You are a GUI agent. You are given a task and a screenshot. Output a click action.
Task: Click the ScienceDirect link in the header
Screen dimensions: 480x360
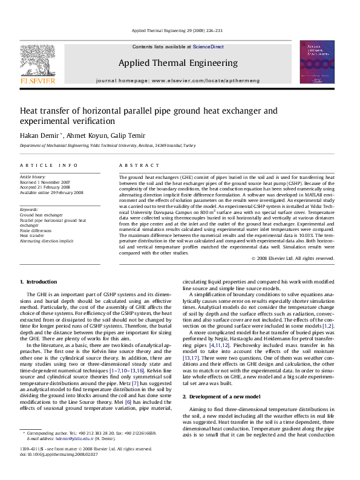(208, 47)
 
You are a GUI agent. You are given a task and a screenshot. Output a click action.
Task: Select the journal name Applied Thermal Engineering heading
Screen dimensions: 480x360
(178, 62)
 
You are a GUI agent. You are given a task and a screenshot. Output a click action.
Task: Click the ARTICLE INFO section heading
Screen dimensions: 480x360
(48, 165)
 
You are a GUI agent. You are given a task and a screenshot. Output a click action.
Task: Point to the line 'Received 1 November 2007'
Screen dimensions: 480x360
(45, 182)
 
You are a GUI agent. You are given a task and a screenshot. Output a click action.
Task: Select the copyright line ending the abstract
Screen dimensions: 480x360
(293, 258)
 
